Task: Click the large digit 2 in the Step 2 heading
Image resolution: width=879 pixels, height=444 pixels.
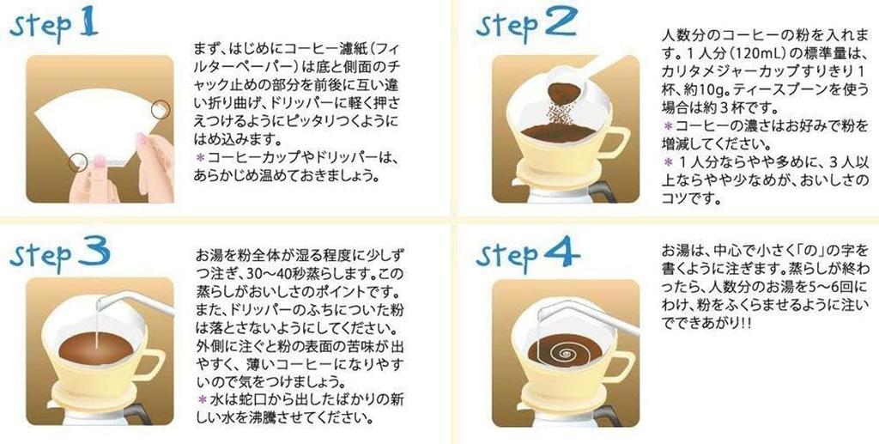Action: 559,23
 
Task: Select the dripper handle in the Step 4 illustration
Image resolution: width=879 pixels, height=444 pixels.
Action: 617,365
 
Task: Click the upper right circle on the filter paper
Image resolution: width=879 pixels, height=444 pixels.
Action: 160,109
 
